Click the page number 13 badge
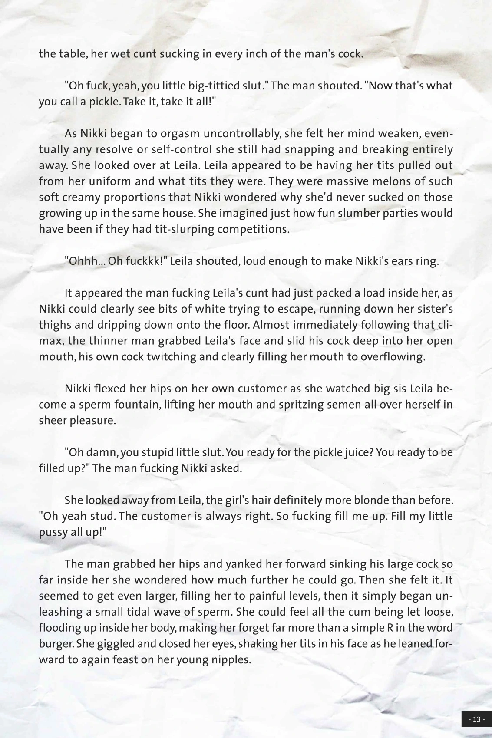coord(476,719)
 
